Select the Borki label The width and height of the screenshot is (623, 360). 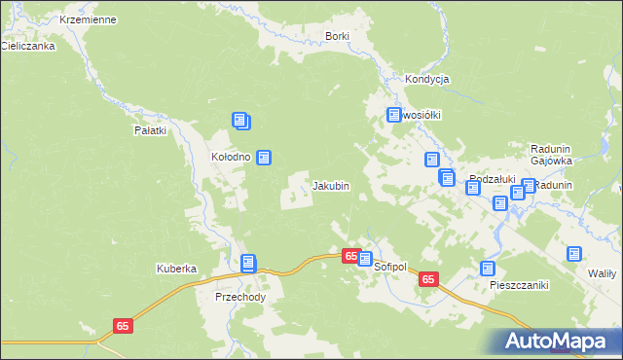(x=337, y=36)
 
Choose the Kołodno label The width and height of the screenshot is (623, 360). (x=232, y=157)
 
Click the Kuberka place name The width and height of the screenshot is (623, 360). (x=177, y=269)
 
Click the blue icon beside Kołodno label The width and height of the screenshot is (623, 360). (x=263, y=157)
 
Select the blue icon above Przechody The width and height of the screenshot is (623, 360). (x=248, y=262)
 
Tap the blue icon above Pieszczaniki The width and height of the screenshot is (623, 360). (x=488, y=269)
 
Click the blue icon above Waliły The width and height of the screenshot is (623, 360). (x=574, y=253)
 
